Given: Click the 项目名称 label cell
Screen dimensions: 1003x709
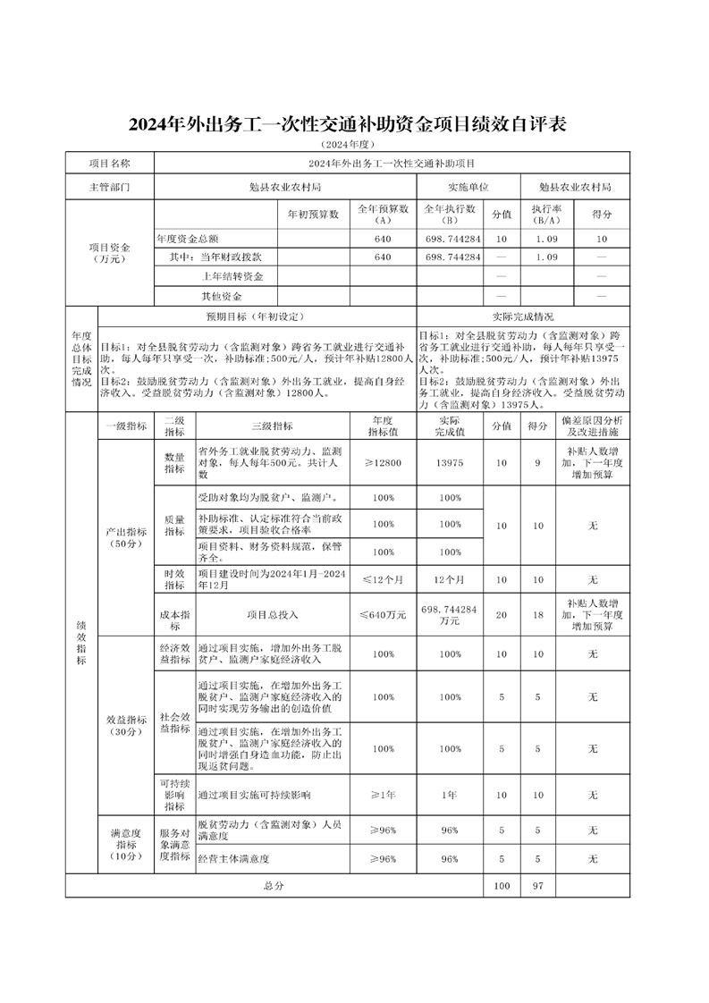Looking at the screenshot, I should [109, 164].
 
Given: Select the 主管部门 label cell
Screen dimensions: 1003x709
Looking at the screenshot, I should [109, 188].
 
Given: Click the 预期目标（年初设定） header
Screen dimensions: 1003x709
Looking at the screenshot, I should [255, 316].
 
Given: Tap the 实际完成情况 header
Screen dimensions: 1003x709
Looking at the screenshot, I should [522, 316].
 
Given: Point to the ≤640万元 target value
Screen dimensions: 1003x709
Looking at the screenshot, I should [384, 615].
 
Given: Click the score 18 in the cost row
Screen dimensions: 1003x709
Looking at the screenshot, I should [536, 615].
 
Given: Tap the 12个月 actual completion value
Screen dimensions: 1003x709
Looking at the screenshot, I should [450, 580].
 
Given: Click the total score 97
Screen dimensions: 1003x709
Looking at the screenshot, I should [536, 885].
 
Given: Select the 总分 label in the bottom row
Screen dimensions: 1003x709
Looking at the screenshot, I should [273, 885].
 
